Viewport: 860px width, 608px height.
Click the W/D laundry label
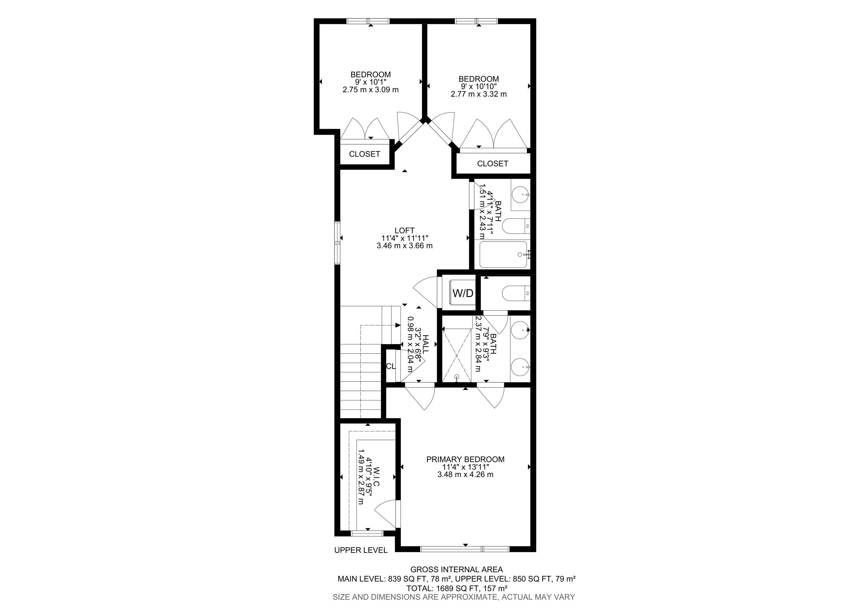click(x=463, y=293)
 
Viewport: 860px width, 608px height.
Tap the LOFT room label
click(x=405, y=231)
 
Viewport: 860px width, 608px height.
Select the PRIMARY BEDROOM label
click(x=465, y=459)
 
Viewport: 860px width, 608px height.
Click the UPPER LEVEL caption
click(x=361, y=550)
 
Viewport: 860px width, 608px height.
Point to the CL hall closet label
click(x=391, y=366)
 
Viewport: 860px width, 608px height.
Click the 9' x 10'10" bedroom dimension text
click(x=479, y=87)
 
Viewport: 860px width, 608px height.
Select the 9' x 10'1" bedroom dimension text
click(x=370, y=82)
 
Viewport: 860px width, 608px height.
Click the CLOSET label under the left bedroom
click(x=364, y=154)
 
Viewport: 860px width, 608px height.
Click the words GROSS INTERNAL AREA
click(x=457, y=570)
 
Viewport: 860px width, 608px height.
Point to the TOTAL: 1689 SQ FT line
click(x=457, y=588)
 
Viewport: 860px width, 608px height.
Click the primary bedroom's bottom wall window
click(x=465, y=549)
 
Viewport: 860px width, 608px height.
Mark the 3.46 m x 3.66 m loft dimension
click(x=405, y=246)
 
